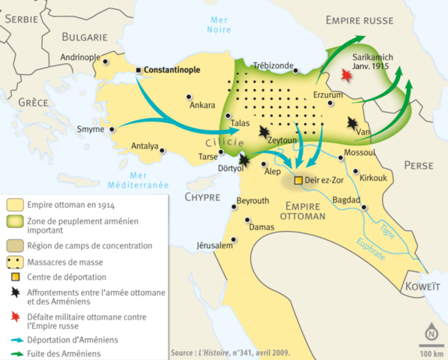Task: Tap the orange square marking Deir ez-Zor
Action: [298, 181]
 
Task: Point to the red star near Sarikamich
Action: [346, 76]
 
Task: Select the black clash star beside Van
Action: [352, 124]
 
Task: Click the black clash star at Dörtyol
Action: [245, 159]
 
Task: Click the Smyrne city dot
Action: [112, 129]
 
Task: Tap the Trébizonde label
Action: [274, 66]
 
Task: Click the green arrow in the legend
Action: [15, 351]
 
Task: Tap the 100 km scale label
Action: [431, 352]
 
